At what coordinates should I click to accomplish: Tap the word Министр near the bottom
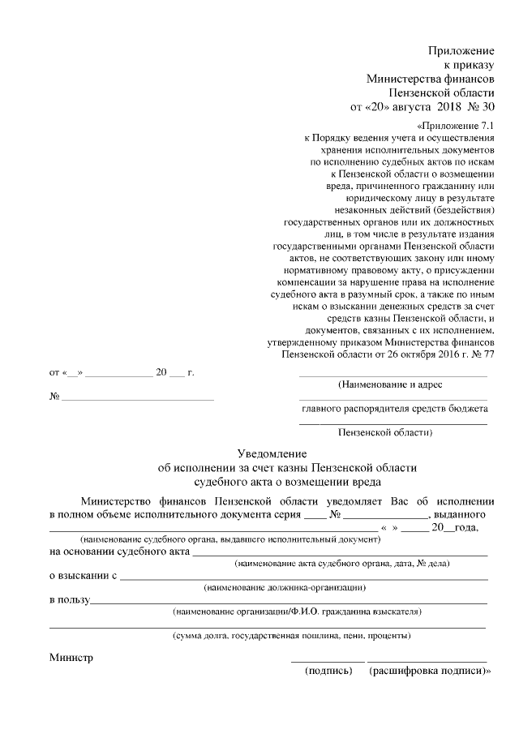coord(71,658)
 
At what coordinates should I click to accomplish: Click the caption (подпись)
coord(328,672)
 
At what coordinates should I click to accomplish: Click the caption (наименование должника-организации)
coord(285,586)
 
